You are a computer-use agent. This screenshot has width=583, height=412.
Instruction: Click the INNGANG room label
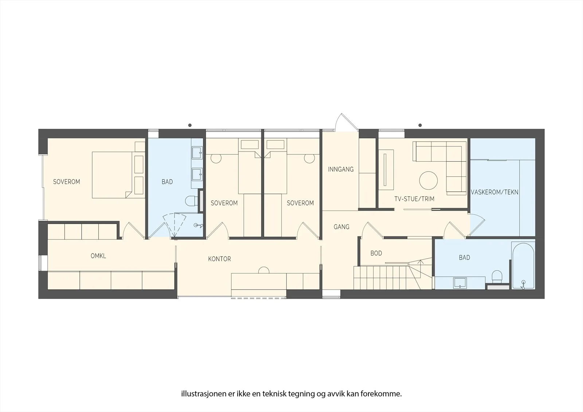(341, 169)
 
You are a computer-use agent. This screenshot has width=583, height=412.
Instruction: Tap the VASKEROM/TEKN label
(494, 192)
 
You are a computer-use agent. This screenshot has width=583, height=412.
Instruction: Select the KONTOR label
(219, 259)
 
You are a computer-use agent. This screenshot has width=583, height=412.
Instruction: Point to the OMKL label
(98, 256)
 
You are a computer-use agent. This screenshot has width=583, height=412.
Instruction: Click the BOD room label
(376, 253)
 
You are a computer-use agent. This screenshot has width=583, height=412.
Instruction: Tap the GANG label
(341, 227)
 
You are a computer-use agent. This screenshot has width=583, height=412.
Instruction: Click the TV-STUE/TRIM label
(414, 199)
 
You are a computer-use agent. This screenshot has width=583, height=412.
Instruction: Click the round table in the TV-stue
(428, 180)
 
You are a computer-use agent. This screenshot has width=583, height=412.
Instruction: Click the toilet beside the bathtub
(497, 276)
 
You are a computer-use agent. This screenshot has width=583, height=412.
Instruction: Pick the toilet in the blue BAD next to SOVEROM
(192, 201)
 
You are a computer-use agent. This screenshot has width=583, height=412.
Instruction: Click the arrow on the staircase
(420, 264)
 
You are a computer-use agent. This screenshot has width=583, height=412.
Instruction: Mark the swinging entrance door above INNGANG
(346, 122)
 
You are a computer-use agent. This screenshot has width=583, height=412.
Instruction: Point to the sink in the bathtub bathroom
(460, 283)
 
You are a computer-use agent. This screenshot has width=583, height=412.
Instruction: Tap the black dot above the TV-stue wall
(420, 125)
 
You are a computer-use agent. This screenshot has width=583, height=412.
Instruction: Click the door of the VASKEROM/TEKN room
(477, 224)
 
